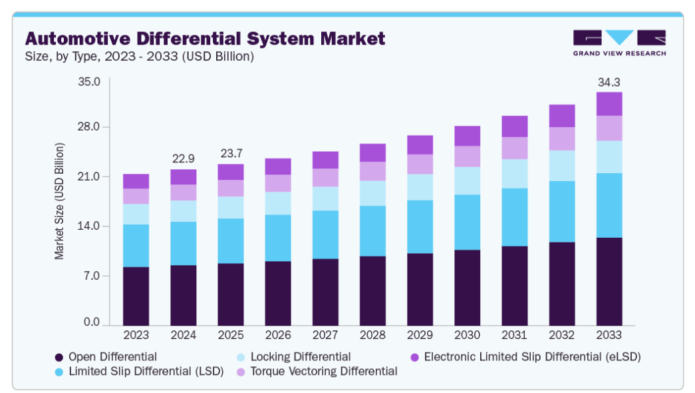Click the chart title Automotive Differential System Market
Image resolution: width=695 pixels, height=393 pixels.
[204, 38]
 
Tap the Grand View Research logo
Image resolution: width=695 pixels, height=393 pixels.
[619, 43]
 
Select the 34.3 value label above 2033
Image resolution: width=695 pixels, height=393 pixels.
[609, 83]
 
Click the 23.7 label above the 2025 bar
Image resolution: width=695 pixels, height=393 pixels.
[231, 155]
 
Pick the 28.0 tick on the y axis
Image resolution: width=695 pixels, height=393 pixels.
[89, 127]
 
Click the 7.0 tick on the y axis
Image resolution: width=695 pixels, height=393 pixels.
[92, 275]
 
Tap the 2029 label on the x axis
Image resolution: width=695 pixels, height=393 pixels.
[420, 334]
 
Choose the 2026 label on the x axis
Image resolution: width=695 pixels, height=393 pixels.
[278, 334]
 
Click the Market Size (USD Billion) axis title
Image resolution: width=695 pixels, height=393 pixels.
[60, 200]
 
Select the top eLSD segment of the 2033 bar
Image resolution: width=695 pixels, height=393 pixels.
[609, 104]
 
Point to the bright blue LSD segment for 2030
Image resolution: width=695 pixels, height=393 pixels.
[467, 222]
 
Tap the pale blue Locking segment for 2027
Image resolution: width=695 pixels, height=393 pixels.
[325, 198]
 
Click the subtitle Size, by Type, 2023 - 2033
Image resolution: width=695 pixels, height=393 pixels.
[139, 57]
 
